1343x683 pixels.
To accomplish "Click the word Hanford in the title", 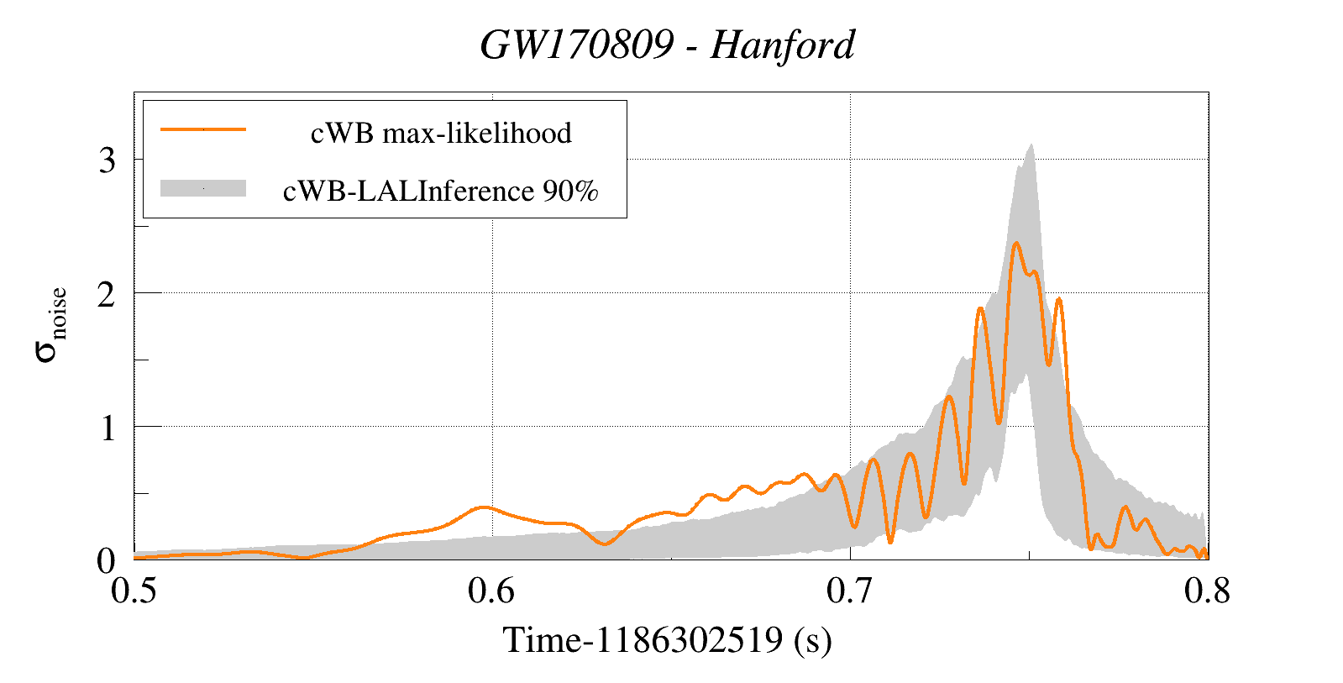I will (x=782, y=45).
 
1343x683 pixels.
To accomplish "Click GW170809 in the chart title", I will (x=577, y=45).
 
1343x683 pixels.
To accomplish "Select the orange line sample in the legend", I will (x=203, y=129).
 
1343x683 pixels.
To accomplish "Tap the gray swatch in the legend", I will (x=203, y=188).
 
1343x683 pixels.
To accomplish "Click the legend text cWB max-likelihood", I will (x=441, y=133).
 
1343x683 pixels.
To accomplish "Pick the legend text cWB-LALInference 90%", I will (x=441, y=192).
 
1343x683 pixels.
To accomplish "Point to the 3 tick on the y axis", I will (x=107, y=160).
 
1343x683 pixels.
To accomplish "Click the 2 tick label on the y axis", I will (x=107, y=293).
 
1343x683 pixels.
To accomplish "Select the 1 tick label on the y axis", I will (x=107, y=427).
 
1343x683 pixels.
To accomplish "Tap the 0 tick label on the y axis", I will (x=107, y=560).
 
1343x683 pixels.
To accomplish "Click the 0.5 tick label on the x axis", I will (x=134, y=591).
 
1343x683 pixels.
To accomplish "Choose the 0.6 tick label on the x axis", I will (x=492, y=591).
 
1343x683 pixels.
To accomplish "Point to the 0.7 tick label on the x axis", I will (x=850, y=591).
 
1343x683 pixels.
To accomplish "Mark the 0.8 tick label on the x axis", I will (x=1207, y=591).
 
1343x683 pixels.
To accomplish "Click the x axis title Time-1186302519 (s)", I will (x=668, y=640).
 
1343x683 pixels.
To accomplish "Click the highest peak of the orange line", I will (x=1016, y=244).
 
